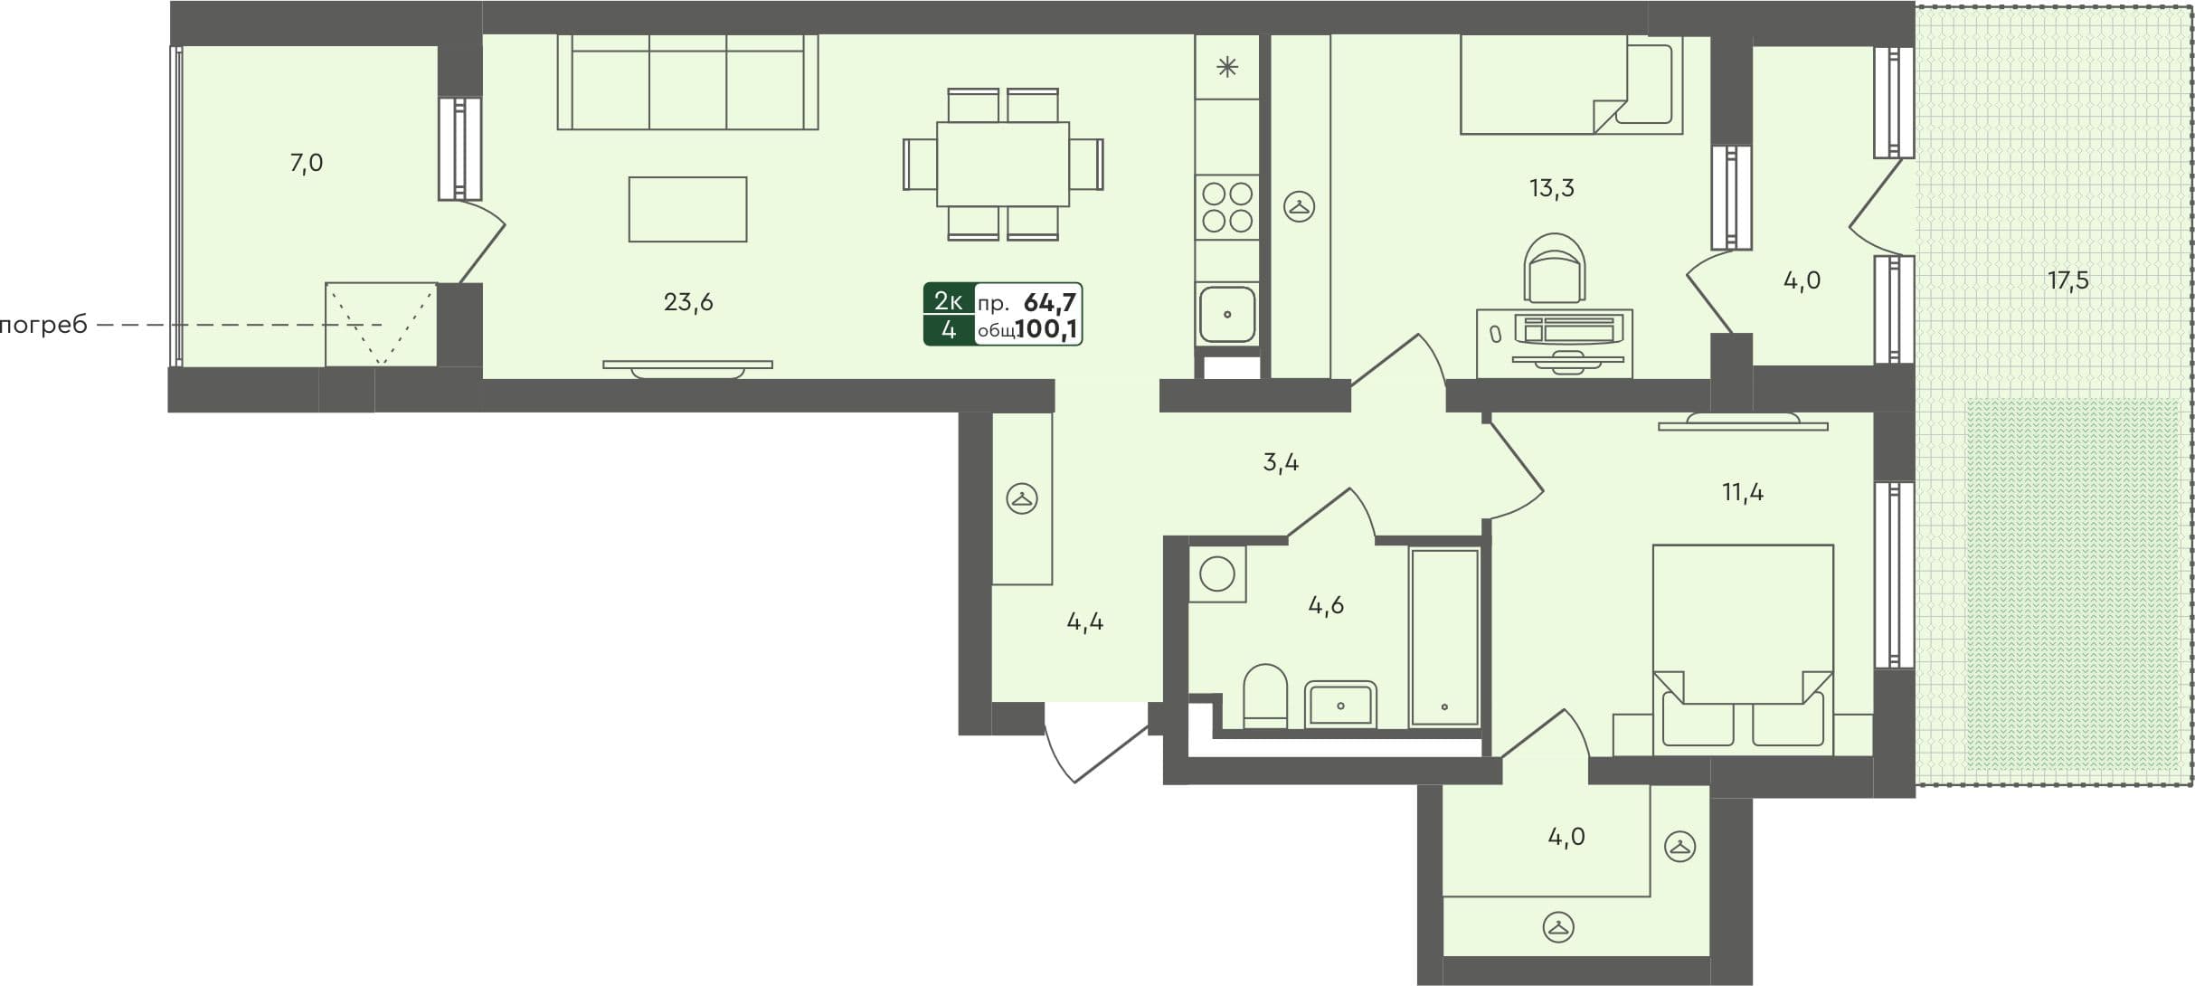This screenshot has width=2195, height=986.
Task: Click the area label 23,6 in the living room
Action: pos(688,302)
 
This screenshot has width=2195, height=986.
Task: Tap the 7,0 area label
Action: pos(306,164)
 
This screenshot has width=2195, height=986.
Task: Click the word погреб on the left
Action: pos(43,325)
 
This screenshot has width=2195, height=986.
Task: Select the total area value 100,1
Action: pos(1047,329)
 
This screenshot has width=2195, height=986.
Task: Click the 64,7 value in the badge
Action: pos(1049,301)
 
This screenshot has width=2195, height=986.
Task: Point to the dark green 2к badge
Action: pos(948,300)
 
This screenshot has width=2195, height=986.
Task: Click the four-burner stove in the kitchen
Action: pos(1227,207)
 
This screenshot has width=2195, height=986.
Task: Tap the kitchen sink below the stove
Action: pos(1227,314)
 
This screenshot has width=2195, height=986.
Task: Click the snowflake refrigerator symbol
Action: pos(1227,67)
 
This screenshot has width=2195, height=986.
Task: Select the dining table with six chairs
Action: pos(1003,165)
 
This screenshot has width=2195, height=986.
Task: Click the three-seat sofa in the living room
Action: pos(687,82)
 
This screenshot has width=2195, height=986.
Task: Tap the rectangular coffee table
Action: pos(687,209)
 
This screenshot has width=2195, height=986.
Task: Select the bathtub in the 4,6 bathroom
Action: pos(1444,637)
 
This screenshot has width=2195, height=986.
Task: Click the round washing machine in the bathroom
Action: pos(1217,574)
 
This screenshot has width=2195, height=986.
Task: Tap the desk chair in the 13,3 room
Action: pos(1555,269)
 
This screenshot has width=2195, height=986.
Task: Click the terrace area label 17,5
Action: pos(2067,280)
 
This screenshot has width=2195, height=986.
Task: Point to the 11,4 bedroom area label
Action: pos(1742,493)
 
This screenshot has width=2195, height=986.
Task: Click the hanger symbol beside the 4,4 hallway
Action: pos(1022,498)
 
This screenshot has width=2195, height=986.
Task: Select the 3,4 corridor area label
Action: pos(1281,463)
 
